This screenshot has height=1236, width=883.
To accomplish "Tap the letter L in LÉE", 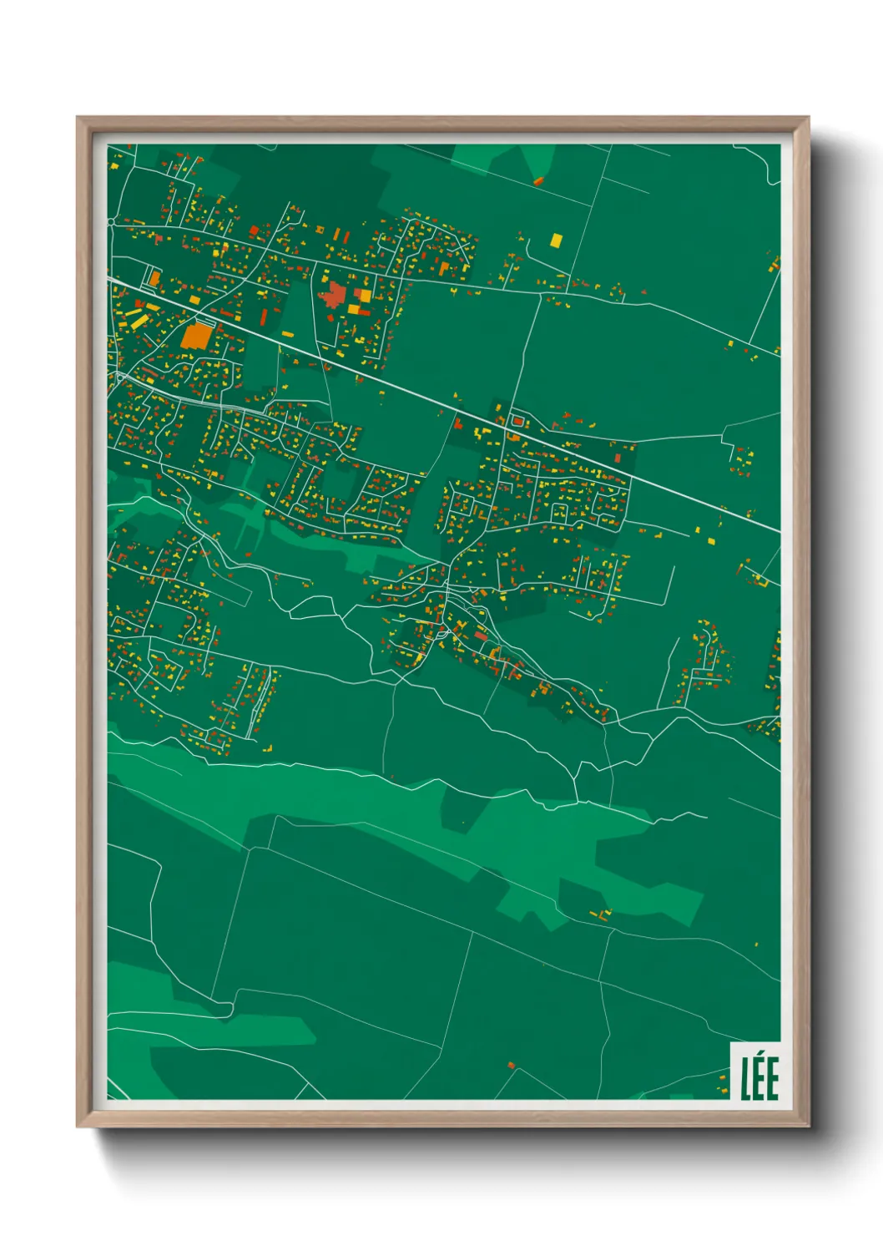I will pos(746,1079).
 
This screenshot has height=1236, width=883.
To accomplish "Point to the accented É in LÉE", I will pos(759,1076).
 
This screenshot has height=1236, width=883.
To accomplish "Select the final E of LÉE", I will pos(772,1079).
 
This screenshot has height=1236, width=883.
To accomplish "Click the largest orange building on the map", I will pos(197,335).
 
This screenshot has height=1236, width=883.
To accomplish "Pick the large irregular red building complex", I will pos(336,296).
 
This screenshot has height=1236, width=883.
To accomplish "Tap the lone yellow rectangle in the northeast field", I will pos(556,240).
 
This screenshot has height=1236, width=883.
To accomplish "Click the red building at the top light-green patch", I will pos(538,180).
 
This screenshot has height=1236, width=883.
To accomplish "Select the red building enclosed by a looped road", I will pos(515,421).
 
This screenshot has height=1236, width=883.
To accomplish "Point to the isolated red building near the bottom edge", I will pos(512,1065).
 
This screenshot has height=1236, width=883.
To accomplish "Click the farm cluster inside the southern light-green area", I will pos(598,914).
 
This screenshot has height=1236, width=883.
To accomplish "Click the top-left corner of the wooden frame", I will pos(78,118).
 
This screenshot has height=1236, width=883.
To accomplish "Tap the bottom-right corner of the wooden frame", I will pos(808,1127).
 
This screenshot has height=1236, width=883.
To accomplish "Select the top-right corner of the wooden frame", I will pos(808,118).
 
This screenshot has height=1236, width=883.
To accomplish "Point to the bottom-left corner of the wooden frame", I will pos(78,1127).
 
